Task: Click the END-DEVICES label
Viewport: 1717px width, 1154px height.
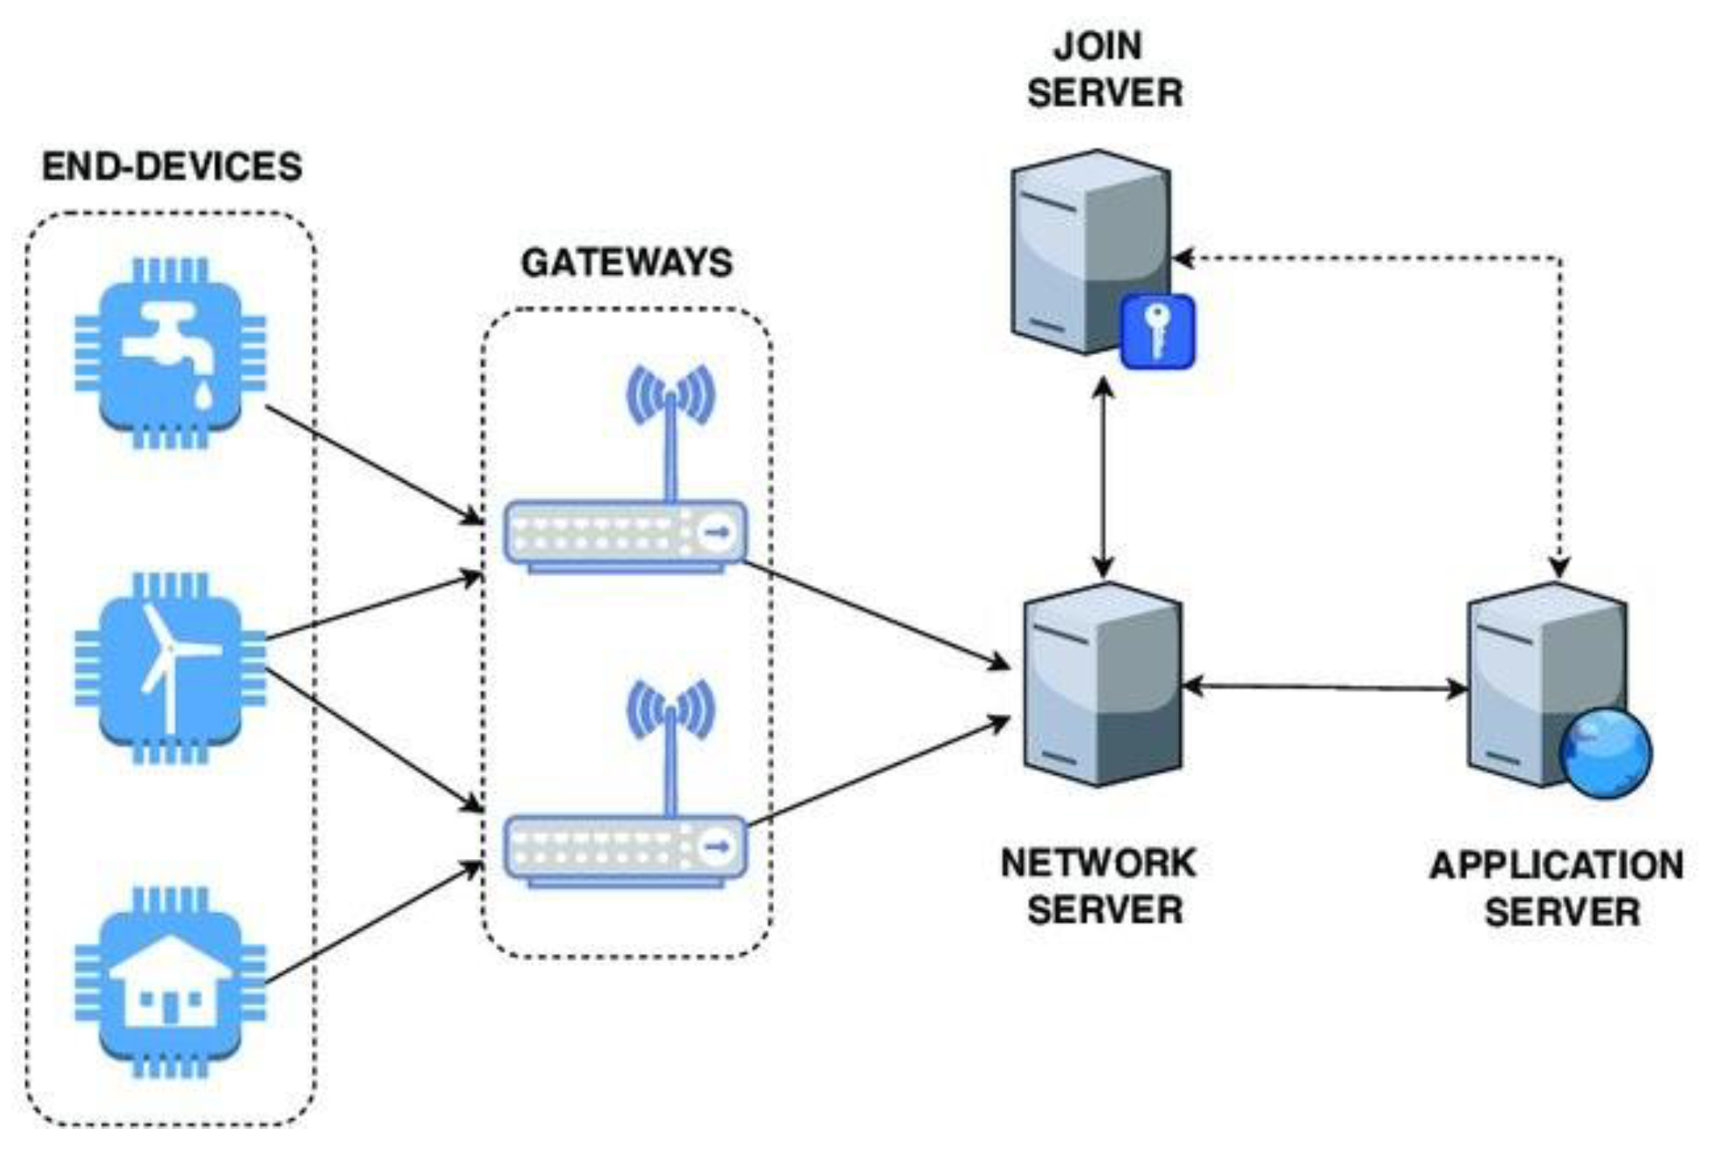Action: [x=172, y=167]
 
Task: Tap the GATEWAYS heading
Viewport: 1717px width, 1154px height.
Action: [x=627, y=263]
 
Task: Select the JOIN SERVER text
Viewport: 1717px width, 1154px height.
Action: [x=1104, y=70]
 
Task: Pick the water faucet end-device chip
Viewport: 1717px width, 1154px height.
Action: [x=171, y=353]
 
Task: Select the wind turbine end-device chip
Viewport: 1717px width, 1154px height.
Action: [x=171, y=668]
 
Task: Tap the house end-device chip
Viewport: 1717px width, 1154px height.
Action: [x=171, y=983]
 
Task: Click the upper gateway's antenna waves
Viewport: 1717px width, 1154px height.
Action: [x=670, y=395]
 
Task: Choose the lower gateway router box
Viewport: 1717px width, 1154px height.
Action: [x=625, y=848]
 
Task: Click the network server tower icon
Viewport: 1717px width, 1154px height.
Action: [x=1101, y=685]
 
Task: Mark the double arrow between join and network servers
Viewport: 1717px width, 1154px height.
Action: [x=1103, y=478]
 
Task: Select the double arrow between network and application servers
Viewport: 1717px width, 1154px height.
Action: [x=1325, y=688]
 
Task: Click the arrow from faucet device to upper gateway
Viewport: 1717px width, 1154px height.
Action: [x=373, y=464]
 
